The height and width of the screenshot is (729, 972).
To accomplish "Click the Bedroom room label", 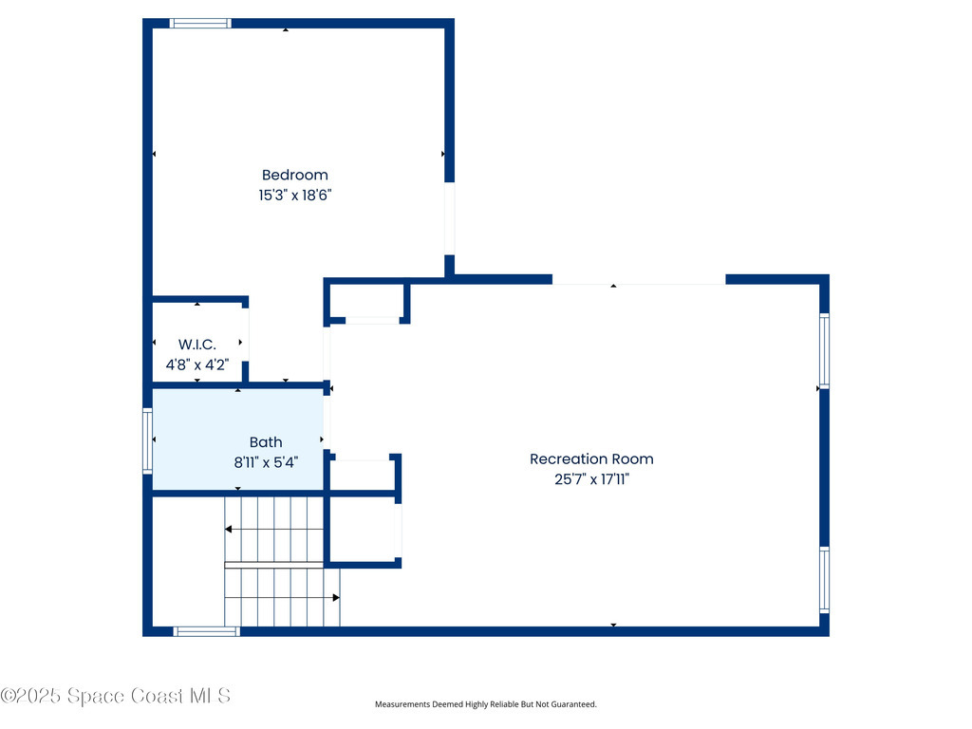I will (294, 175).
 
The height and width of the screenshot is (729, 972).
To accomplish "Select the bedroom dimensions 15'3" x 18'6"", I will (294, 196).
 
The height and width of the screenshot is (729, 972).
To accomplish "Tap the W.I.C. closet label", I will (197, 344).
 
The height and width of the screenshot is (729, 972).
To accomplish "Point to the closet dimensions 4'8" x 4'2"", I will (197, 364).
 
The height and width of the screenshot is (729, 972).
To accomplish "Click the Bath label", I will (266, 442).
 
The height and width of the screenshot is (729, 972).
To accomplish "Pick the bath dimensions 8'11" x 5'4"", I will (266, 463).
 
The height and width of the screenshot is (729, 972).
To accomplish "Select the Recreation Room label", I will (591, 459).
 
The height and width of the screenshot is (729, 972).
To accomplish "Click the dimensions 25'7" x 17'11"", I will (591, 480).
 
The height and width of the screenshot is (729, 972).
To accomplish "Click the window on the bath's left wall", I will (147, 439).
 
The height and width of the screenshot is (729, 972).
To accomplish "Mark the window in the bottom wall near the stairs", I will (206, 631).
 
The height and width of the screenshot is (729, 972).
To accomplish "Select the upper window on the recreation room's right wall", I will (824, 350).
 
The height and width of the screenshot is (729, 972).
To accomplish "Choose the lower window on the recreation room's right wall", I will (824, 580).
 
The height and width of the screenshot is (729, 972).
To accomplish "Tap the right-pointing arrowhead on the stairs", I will (336, 598).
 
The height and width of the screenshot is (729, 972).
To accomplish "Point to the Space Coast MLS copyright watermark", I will (116, 696).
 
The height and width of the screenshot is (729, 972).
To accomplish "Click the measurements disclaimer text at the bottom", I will (485, 704).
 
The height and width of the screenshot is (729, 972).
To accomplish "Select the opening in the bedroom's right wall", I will (449, 218).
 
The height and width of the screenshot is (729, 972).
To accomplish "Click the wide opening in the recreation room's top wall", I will (639, 280).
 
